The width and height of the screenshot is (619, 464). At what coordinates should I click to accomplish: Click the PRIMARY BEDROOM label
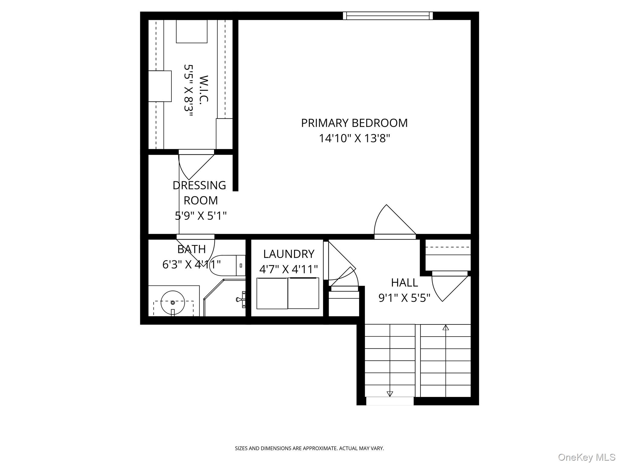click(354, 123)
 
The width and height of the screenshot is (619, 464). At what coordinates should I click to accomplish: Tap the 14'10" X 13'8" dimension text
click(355, 138)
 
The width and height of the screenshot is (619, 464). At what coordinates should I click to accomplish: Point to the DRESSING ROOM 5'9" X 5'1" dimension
click(201, 216)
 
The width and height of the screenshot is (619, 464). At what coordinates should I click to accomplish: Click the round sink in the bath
click(173, 302)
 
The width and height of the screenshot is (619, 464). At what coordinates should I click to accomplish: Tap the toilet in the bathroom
click(227, 266)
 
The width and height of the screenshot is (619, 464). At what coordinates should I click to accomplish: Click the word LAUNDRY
click(289, 254)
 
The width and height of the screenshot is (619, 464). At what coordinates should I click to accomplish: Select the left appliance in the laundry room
click(272, 293)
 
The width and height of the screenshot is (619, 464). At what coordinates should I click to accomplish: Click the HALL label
click(404, 283)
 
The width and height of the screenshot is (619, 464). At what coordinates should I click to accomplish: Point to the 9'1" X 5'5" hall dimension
click(404, 298)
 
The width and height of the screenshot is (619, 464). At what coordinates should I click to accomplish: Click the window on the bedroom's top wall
click(388, 16)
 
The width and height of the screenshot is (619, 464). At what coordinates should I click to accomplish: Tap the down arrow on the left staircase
click(390, 394)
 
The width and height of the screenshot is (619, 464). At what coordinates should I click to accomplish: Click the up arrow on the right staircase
click(446, 327)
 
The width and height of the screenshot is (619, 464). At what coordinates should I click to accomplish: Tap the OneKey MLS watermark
click(587, 457)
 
